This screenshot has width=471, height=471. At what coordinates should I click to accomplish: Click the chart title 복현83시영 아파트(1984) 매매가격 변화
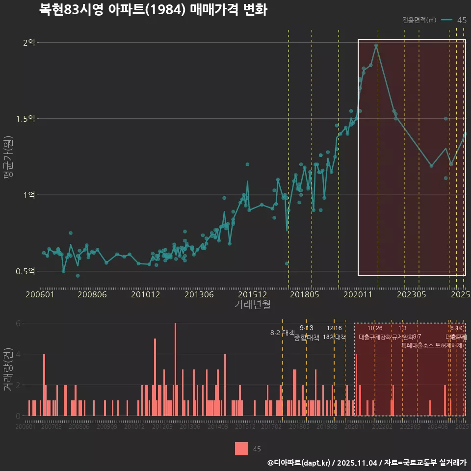tap(153, 10)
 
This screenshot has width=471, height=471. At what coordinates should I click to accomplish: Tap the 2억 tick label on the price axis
tap(29, 43)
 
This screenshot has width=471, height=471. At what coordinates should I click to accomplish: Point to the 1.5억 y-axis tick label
tap(26, 119)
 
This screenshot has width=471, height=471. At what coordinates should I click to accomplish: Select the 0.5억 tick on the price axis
tap(26, 271)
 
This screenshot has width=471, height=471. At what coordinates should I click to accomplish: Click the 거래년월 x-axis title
tap(252, 304)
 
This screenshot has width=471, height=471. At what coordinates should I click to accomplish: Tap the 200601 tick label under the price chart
tap(40, 294)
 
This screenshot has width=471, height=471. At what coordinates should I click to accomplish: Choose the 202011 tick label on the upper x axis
tap(358, 294)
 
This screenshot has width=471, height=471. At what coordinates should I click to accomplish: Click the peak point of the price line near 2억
tap(376, 46)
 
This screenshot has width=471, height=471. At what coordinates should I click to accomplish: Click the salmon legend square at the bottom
tap(241, 448)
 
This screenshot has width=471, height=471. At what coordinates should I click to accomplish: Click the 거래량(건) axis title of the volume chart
tap(8, 369)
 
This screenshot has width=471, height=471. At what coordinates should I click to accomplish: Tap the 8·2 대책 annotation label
tap(282, 333)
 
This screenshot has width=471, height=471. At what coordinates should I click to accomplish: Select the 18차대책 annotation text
tap(334, 337)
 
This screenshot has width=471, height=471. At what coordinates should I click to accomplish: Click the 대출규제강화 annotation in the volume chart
tap(375, 337)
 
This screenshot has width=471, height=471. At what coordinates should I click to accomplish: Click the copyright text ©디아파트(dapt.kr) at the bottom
tap(299, 463)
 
